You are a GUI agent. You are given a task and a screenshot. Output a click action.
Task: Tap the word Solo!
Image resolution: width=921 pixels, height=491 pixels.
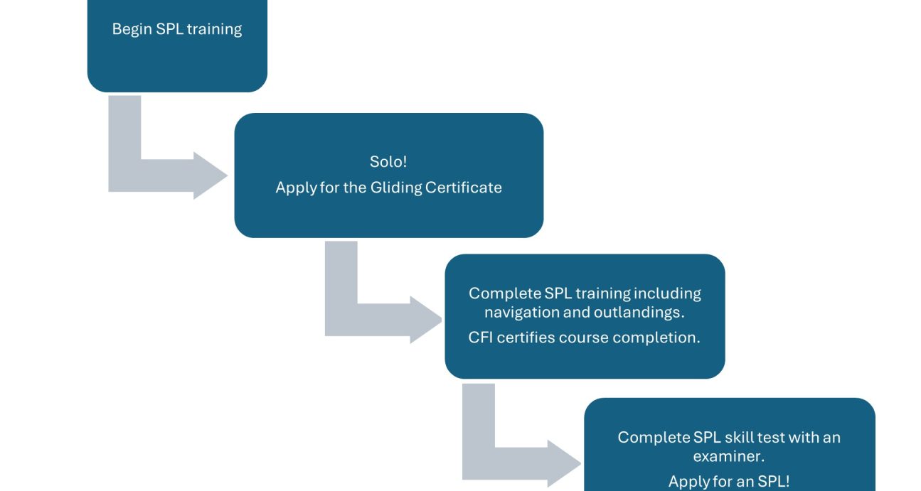(388, 161)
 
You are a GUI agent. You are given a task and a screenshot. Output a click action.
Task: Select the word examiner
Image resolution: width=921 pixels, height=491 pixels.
(729, 455)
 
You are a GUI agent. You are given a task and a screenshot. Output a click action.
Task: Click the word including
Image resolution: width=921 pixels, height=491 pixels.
(667, 293)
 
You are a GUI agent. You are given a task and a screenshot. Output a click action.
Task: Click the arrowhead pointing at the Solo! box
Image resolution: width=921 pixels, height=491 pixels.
(210, 175)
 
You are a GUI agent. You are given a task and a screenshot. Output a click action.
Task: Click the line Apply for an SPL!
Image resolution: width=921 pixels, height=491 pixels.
(729, 481)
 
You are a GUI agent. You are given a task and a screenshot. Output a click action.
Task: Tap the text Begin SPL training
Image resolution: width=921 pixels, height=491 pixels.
(177, 30)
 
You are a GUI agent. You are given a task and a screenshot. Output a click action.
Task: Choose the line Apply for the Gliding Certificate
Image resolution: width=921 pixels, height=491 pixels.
(388, 188)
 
